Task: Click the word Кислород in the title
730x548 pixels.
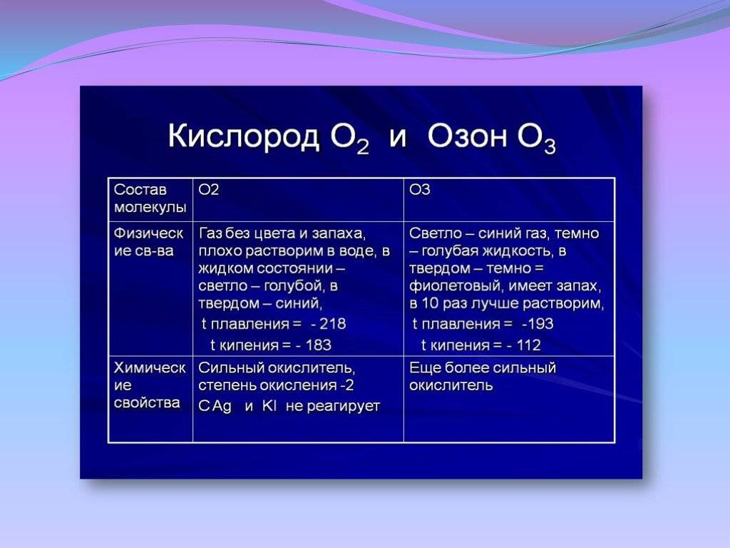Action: pos(244,136)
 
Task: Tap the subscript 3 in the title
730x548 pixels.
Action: pos(550,146)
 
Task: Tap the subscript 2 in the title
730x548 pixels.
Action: pos(363,146)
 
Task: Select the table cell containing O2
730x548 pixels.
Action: pos(298,200)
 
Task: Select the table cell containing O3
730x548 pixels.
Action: pos(509,200)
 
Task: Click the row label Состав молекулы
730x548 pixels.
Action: pos(150,198)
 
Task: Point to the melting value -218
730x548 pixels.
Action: pos(329,324)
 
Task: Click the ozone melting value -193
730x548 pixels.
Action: pos(538,324)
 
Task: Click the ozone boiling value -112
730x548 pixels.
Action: pos(523,345)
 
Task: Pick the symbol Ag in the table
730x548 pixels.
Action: pos(222,407)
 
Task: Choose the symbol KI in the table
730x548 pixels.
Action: pos(269,406)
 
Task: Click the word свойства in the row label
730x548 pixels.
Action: pos(147,402)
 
